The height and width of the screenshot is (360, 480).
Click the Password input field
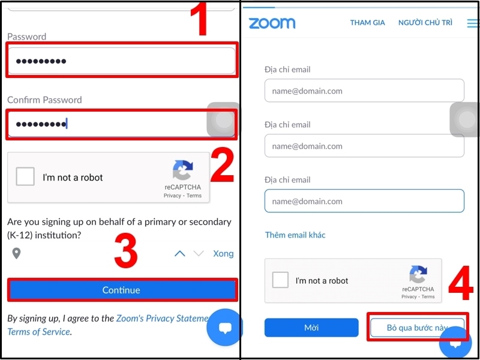click(122, 61)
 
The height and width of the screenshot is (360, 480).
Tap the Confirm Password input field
click(122, 124)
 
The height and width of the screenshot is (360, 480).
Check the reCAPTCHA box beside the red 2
click(25, 176)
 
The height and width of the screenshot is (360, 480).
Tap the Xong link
click(223, 253)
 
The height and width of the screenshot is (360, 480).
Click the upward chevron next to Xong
click(179, 253)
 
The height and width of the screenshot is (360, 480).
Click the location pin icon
click(16, 253)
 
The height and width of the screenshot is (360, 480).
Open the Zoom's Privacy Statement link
click(162, 319)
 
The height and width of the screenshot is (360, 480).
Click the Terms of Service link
click(39, 332)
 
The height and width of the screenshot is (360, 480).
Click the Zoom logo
click(272, 23)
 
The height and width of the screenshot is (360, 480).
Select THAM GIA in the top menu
click(367, 23)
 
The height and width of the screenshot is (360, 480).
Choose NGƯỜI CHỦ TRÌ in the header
click(425, 22)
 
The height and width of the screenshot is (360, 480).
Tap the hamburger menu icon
click(473, 23)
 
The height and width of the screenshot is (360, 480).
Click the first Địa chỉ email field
click(364, 91)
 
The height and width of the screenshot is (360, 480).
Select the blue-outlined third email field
click(364, 201)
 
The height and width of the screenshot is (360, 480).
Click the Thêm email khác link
click(295, 235)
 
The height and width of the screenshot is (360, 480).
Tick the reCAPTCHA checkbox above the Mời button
click(280, 280)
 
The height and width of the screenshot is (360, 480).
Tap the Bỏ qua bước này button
click(417, 327)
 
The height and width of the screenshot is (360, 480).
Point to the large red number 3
click(126, 251)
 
